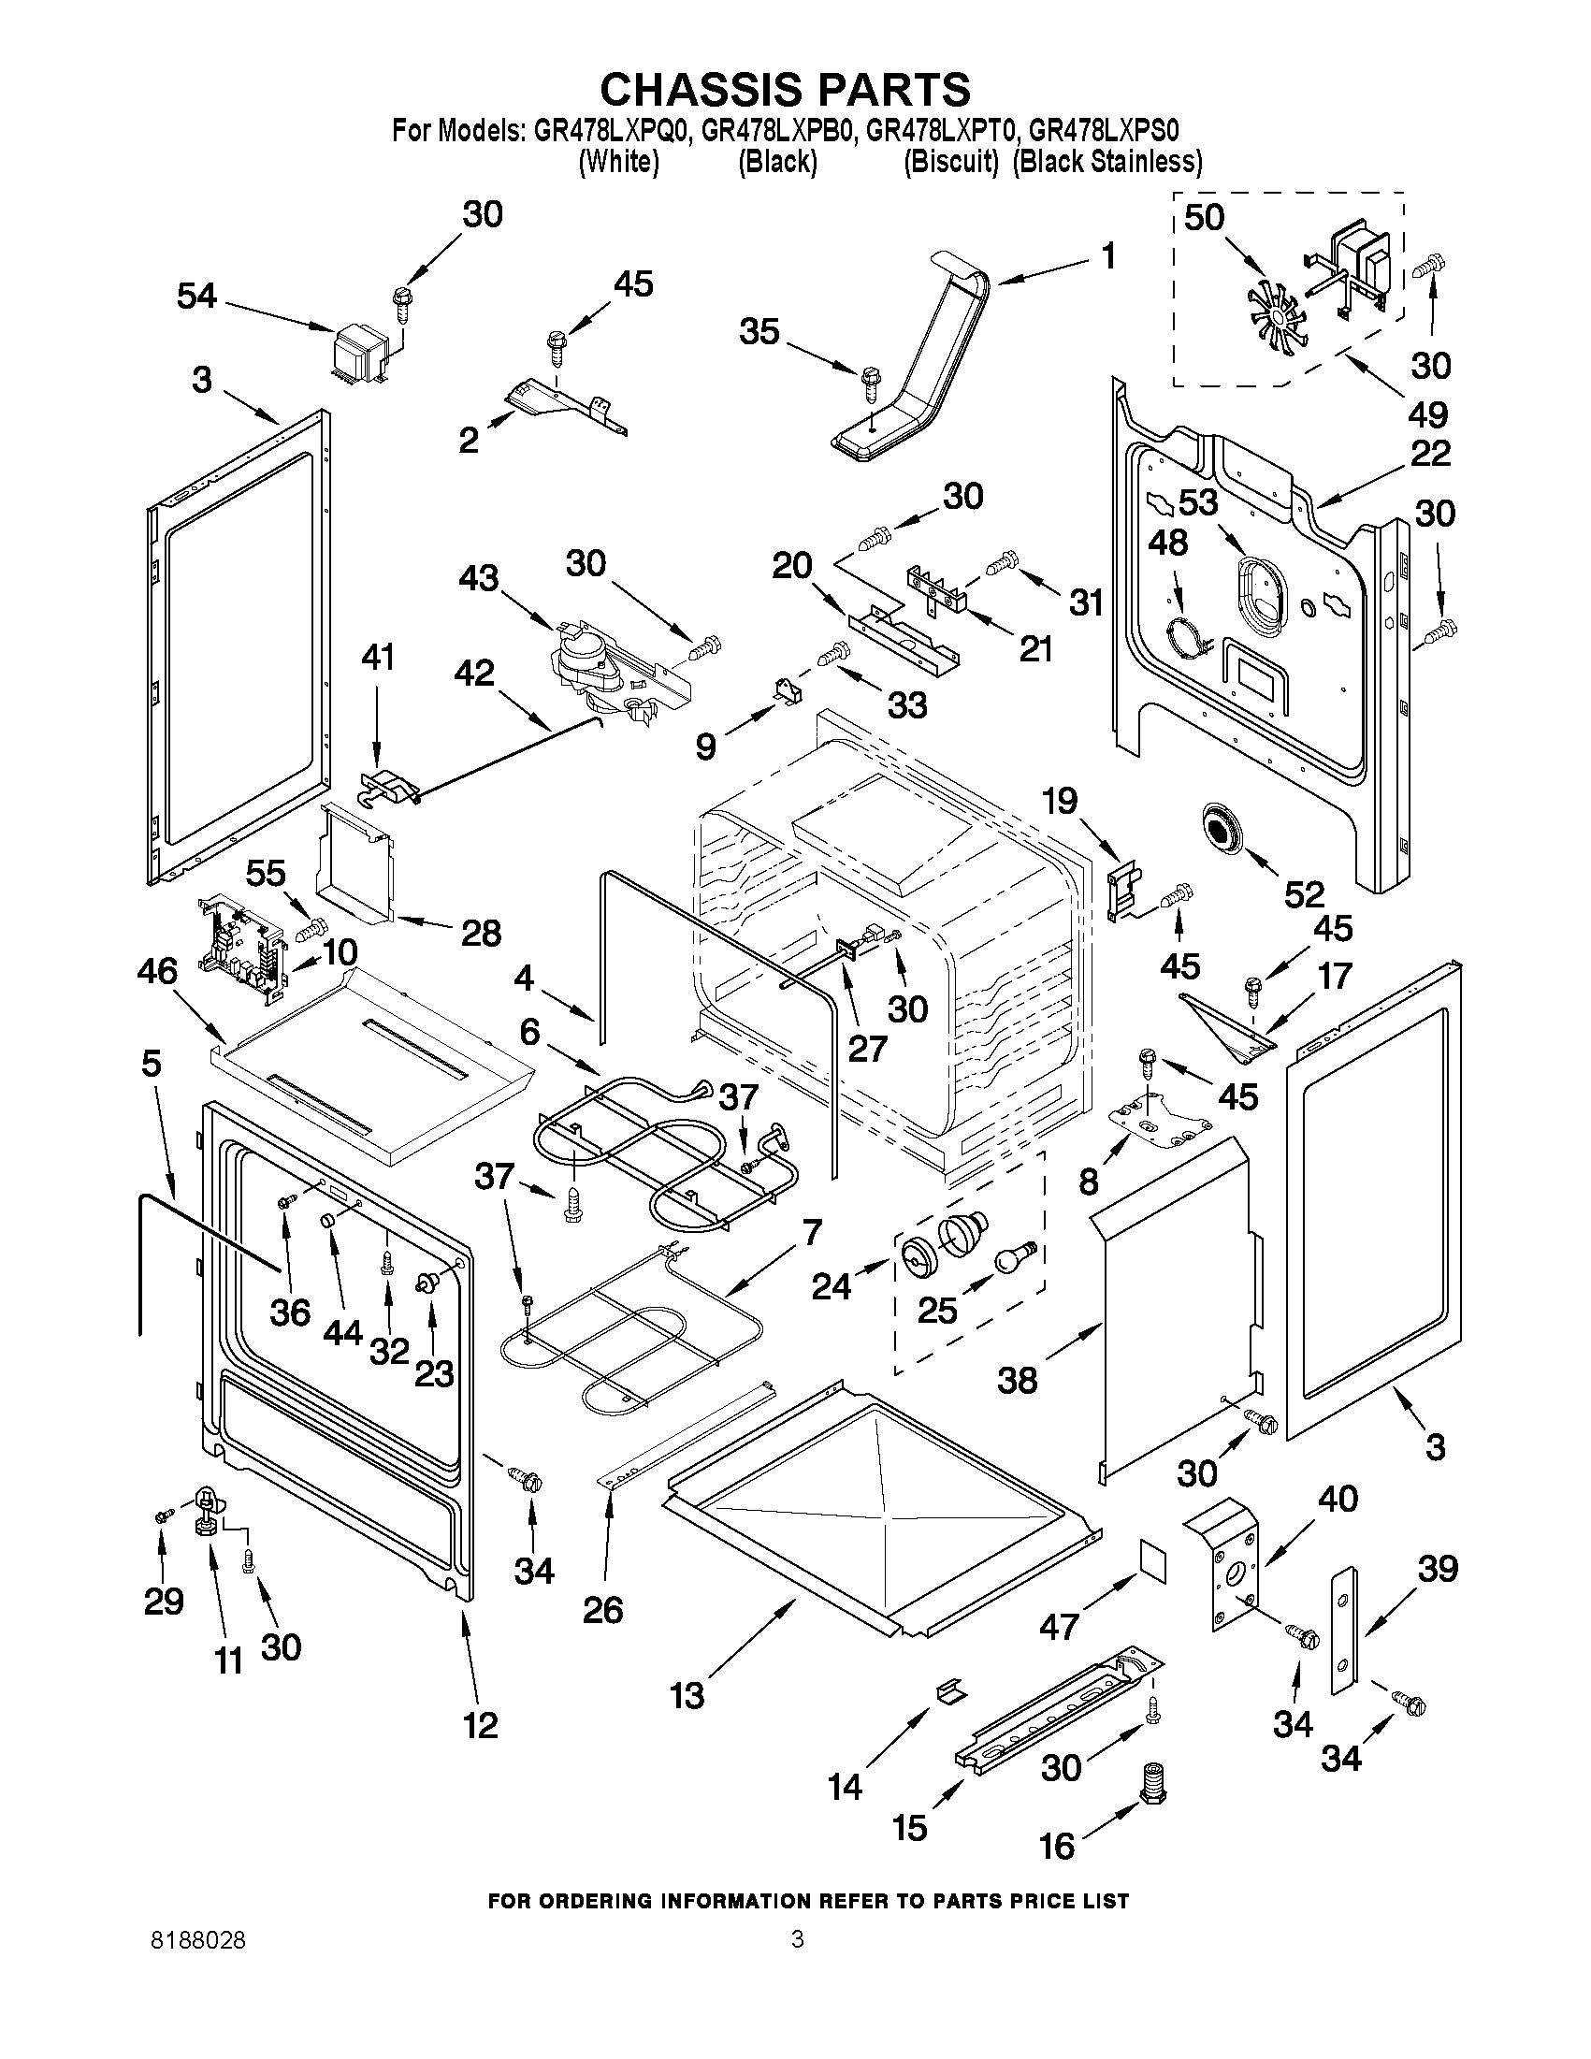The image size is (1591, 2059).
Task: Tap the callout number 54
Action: pos(196,296)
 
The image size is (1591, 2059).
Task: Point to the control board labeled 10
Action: pos(240,948)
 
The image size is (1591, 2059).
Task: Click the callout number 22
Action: pos(1431,454)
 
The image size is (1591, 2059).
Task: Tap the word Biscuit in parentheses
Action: pos(950,162)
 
